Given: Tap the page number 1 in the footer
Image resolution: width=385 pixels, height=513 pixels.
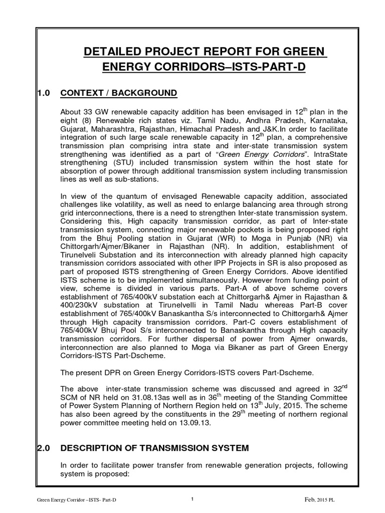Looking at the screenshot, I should click(x=192, y=498).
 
